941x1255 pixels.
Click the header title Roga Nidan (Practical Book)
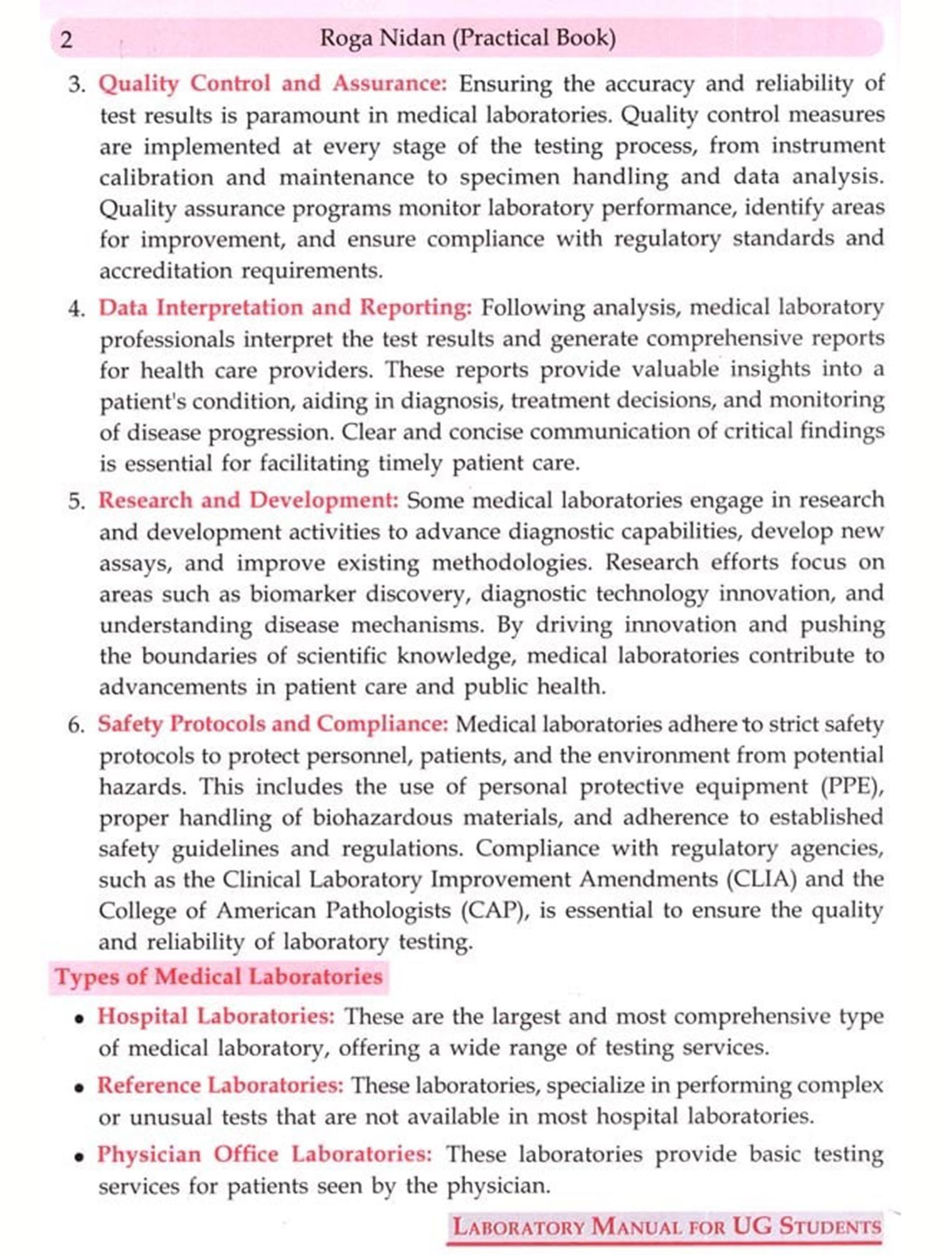coord(467,38)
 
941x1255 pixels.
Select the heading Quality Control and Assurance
coord(272,83)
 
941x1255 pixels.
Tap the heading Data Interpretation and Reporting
coord(285,307)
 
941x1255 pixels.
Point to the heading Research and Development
coord(248,500)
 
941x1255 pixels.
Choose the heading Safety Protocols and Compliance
coord(273,724)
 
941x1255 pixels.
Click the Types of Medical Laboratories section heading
coord(218,977)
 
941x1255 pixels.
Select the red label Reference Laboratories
coord(220,1085)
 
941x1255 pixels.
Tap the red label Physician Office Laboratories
coord(264,1154)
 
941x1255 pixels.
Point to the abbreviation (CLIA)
coord(761,879)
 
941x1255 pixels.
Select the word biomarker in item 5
coord(302,594)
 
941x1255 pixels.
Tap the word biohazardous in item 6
coord(382,818)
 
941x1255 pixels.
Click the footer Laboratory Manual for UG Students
coord(667,1226)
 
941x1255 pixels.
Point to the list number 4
coord(76,309)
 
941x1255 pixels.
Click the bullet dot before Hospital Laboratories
coord(80,1019)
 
